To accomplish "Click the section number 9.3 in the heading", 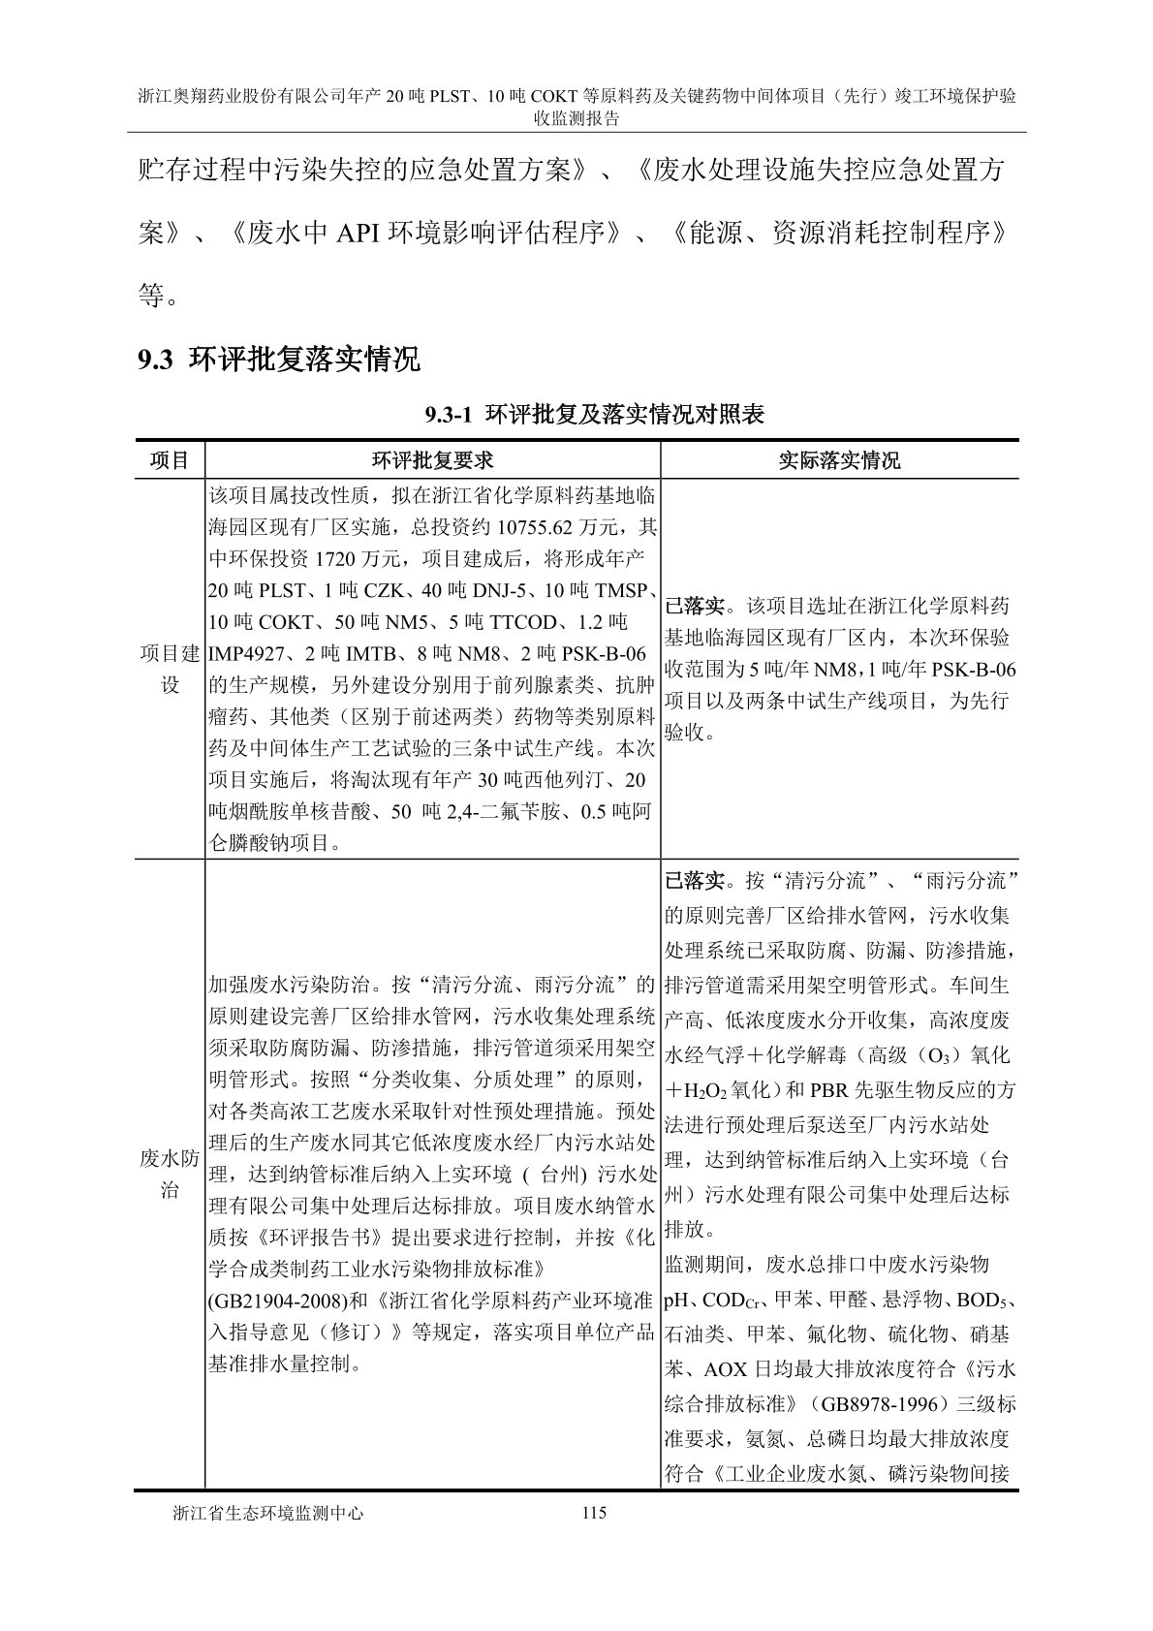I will coord(155,361).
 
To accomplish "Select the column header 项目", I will coord(170,460).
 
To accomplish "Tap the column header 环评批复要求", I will coord(432,460).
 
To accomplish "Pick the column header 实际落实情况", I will coord(839,460).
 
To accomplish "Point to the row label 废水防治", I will coord(170,1174).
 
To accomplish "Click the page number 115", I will coord(594,1512).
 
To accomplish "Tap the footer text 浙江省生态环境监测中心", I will coord(266,1513).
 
